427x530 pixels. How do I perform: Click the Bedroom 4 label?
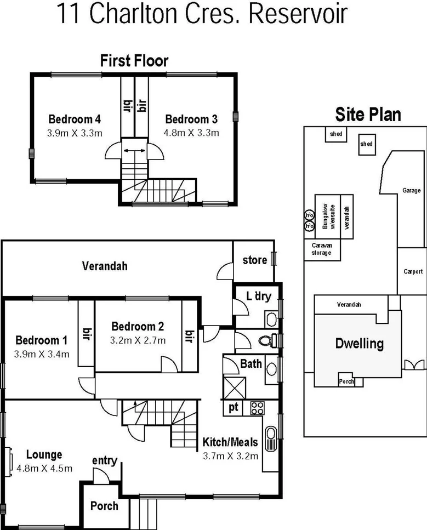click(75, 119)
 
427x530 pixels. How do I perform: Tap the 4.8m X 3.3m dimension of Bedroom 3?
click(191, 133)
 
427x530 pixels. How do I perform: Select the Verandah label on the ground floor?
click(105, 266)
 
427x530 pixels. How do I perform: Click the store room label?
click(255, 260)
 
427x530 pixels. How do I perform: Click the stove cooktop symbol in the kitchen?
click(257, 408)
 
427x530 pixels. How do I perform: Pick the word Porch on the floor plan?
click(104, 505)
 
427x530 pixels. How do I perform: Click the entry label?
click(104, 460)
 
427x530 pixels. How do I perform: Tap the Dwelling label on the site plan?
click(359, 344)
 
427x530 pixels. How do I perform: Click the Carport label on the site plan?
click(413, 271)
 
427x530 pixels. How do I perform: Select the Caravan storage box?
click(322, 249)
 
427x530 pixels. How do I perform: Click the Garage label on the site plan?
click(411, 191)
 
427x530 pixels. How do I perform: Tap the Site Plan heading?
click(368, 115)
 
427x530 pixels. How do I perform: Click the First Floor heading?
click(134, 60)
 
